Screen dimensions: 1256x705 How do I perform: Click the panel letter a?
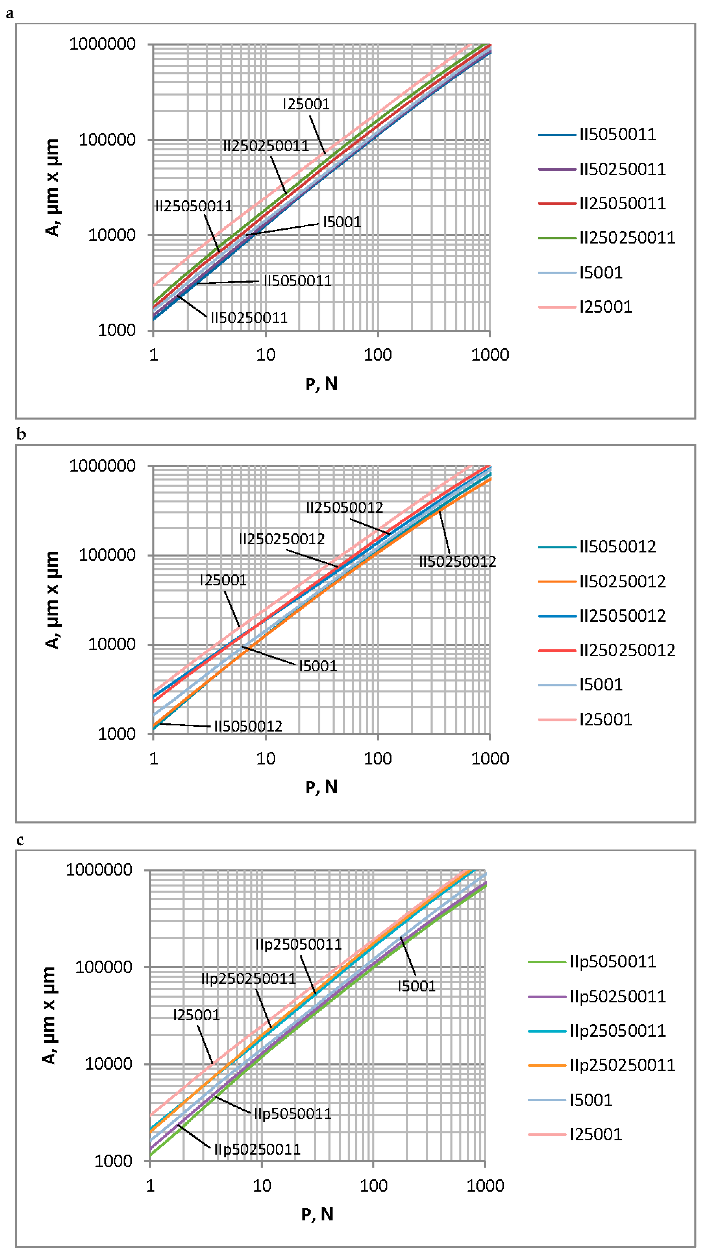10,14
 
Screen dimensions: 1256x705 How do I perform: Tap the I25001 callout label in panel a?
306,104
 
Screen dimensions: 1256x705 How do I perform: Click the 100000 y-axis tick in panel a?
107,140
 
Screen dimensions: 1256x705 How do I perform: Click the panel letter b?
21,434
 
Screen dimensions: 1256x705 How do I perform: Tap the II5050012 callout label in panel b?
248,726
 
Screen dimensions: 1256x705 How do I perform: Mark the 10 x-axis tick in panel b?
266,759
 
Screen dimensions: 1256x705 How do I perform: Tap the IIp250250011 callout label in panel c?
249,979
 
